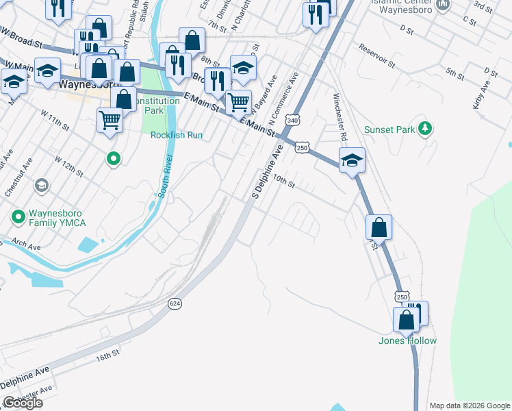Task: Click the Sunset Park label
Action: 387,129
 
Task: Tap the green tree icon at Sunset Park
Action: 425,128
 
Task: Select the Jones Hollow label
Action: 407,340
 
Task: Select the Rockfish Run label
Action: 177,135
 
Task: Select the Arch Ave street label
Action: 26,244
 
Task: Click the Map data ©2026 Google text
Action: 470,406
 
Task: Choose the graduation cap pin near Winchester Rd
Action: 352,160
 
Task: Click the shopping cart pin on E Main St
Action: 238,102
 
